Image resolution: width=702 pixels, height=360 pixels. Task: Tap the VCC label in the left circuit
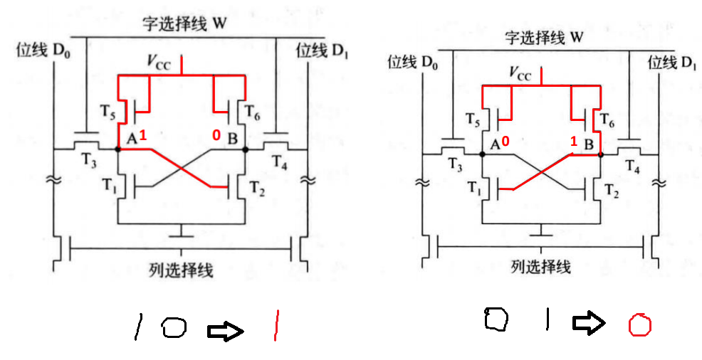tap(160, 63)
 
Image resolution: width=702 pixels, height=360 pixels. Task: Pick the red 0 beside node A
tap(505, 142)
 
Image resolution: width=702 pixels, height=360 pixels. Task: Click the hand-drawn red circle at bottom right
tap(639, 326)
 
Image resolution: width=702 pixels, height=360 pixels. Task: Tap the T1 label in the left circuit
tap(107, 188)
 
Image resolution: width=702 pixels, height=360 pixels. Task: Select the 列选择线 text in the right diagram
tap(541, 267)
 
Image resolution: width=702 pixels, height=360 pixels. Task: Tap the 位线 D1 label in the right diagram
tap(671, 62)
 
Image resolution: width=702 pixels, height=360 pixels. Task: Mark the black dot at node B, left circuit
tap(246, 149)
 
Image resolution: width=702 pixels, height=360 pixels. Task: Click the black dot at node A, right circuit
tap(483, 154)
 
